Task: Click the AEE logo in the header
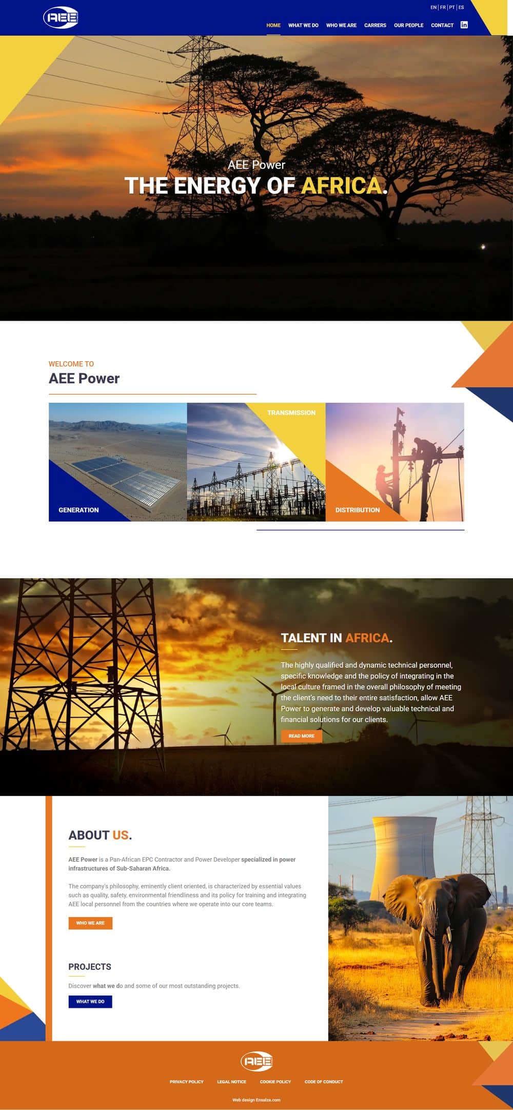pyautogui.click(x=61, y=18)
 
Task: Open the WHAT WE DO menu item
pyautogui.click(x=303, y=25)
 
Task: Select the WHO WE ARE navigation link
pyautogui.click(x=341, y=25)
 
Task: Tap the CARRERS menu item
pyautogui.click(x=375, y=25)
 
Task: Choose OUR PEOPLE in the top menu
pyautogui.click(x=408, y=25)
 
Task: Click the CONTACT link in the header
pyautogui.click(x=442, y=25)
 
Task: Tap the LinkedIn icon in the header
pyautogui.click(x=464, y=25)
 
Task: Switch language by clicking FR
pyautogui.click(x=443, y=7)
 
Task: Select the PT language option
pyautogui.click(x=452, y=7)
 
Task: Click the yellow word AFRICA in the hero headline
pyautogui.click(x=341, y=186)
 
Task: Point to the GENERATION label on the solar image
pyautogui.click(x=78, y=510)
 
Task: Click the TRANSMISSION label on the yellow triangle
pyautogui.click(x=291, y=412)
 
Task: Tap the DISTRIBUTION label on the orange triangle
pyautogui.click(x=358, y=510)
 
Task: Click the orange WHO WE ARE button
pyautogui.click(x=90, y=923)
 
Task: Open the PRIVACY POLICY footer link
pyautogui.click(x=187, y=1082)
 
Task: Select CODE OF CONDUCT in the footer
pyautogui.click(x=324, y=1082)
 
